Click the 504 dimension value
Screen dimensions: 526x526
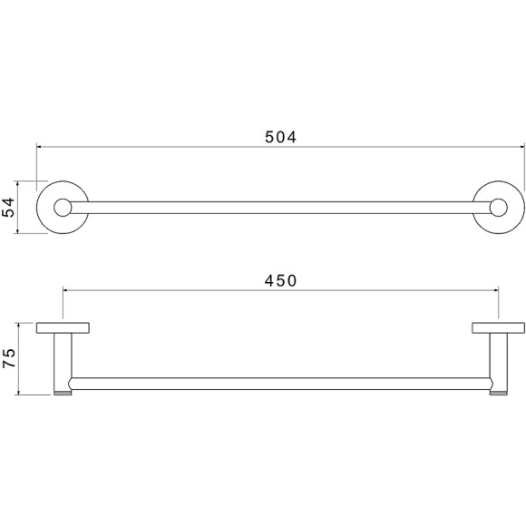coord(281,137)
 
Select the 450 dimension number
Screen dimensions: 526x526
coord(281,281)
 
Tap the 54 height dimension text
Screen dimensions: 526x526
coord(8,208)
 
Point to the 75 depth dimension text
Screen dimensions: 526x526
coord(8,358)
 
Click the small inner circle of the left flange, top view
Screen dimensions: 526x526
coord(63,208)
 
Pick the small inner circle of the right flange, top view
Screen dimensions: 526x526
coord(499,208)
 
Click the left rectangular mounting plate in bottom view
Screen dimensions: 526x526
coord(63,328)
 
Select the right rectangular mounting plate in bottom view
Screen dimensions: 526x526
coord(499,328)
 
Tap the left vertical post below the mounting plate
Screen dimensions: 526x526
coord(63,362)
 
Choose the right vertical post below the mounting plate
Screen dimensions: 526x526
coord(499,362)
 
